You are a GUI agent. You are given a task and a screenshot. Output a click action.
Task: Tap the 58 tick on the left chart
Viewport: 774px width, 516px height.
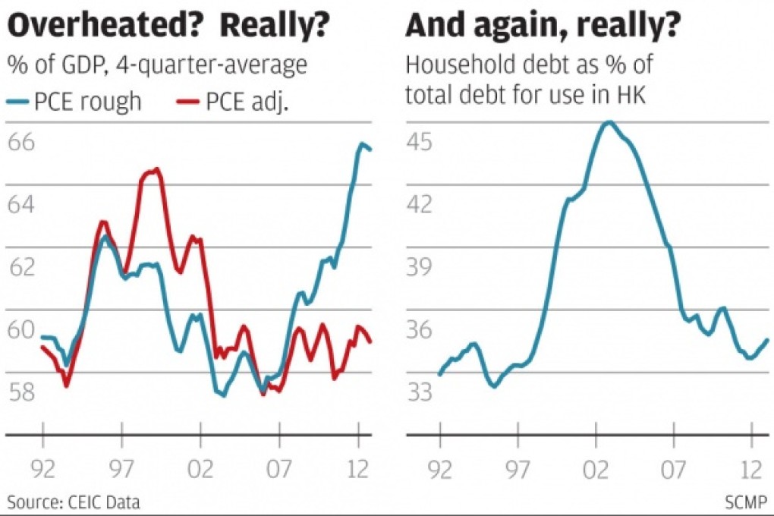point(22,392)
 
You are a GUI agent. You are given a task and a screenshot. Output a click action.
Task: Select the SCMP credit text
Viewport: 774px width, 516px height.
point(747,502)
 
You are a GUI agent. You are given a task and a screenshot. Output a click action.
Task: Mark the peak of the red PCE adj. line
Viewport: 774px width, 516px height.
point(156,170)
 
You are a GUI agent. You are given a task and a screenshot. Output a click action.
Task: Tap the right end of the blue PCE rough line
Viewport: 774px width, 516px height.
point(370,149)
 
